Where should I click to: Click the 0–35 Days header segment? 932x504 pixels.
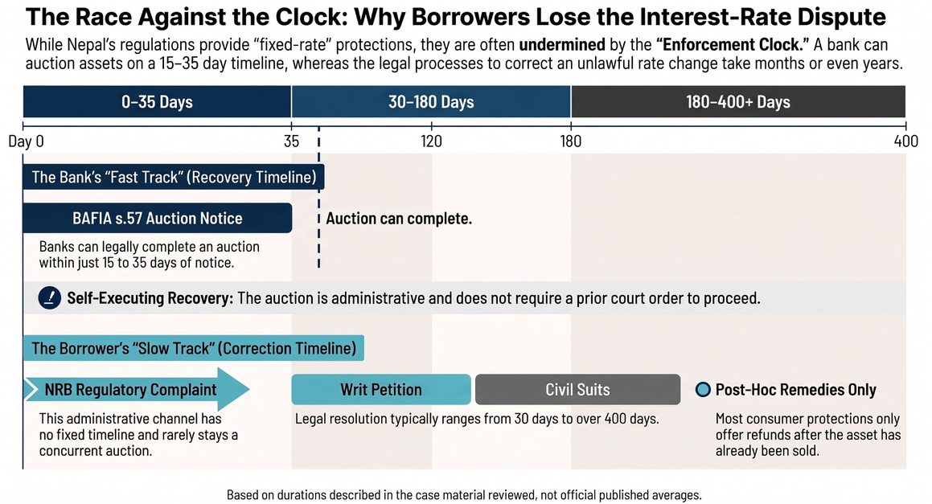click(157, 101)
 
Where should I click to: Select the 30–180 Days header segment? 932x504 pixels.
click(431, 101)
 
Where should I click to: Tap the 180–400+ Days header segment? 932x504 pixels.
click(738, 101)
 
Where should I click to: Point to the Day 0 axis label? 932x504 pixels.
click(27, 141)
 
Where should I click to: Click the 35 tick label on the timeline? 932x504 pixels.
click(291, 141)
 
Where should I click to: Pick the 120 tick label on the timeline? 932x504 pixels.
click(431, 141)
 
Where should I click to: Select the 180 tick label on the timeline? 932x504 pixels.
click(571, 141)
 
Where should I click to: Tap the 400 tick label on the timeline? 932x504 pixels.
click(905, 141)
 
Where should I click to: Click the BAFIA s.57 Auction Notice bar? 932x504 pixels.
click(158, 218)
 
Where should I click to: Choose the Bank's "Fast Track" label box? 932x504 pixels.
click(174, 177)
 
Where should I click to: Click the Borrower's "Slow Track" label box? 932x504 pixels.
click(194, 348)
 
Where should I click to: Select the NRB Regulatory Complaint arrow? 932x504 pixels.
click(137, 389)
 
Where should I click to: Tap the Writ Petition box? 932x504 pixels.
click(381, 389)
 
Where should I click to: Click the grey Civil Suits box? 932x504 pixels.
click(577, 389)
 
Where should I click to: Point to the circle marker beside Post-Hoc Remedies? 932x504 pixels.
click(703, 389)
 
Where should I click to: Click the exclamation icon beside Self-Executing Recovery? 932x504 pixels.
click(49, 297)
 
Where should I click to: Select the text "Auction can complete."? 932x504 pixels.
click(399, 219)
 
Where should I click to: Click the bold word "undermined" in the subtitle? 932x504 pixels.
click(562, 45)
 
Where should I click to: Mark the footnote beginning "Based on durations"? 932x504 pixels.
click(464, 494)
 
